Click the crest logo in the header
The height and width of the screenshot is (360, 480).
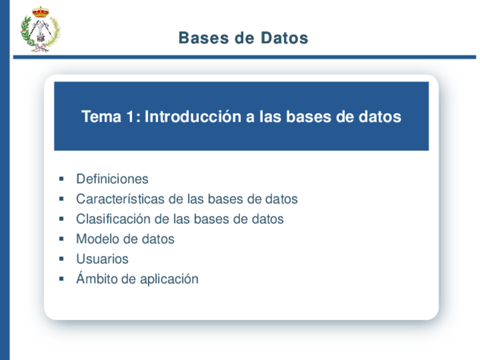point(40,32)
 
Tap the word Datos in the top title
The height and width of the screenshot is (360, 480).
point(285,38)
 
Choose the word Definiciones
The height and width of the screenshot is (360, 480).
point(112,179)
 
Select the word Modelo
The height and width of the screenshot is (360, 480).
point(97,239)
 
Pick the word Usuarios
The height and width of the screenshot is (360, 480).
point(102,259)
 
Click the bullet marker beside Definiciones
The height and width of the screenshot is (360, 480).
point(61,179)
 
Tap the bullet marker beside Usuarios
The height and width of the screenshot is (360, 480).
point(61,259)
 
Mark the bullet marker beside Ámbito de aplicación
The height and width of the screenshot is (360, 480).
point(61,279)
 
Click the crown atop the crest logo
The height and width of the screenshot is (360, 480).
point(40,12)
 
